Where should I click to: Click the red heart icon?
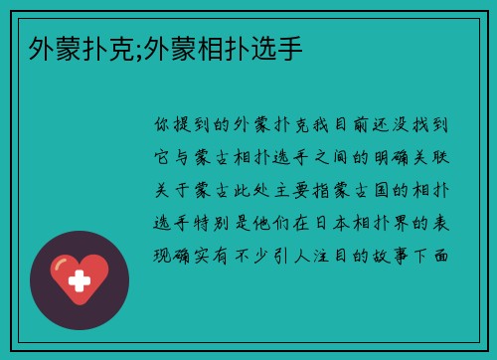80,279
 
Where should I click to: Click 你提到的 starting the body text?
195,125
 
